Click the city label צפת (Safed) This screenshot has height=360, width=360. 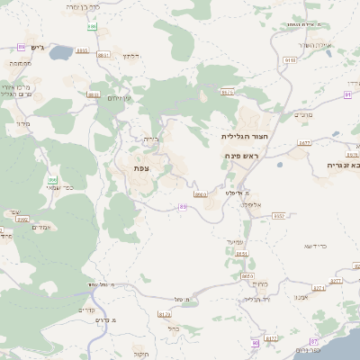(x=140, y=168)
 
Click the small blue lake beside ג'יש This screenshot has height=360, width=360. (x=60, y=53)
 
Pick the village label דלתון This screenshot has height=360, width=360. (x=131, y=56)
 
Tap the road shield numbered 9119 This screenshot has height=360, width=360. (x=290, y=60)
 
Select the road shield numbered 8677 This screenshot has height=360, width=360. (x=303, y=142)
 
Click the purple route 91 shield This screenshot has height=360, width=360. (x=347, y=93)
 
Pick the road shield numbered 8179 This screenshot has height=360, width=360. (x=164, y=314)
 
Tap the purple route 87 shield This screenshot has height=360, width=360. (x=313, y=342)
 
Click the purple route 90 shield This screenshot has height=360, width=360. (x=255, y=343)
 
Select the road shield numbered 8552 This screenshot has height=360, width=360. (x=279, y=216)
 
